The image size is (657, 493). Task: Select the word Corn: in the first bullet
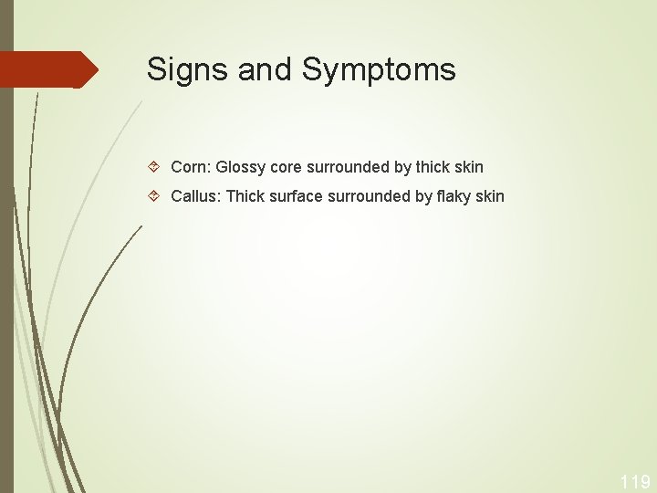[x=192, y=167]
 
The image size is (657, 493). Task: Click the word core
[x=287, y=167]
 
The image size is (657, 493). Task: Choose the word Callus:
[x=196, y=196]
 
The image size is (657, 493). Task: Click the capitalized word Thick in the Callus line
[x=245, y=196]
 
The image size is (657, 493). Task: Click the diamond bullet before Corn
[x=155, y=168]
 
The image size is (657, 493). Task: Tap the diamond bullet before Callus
[x=155, y=197]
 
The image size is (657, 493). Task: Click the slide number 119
[x=635, y=481]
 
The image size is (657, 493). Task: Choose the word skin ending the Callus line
[x=490, y=196]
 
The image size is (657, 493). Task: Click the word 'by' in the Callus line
[x=424, y=196]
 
